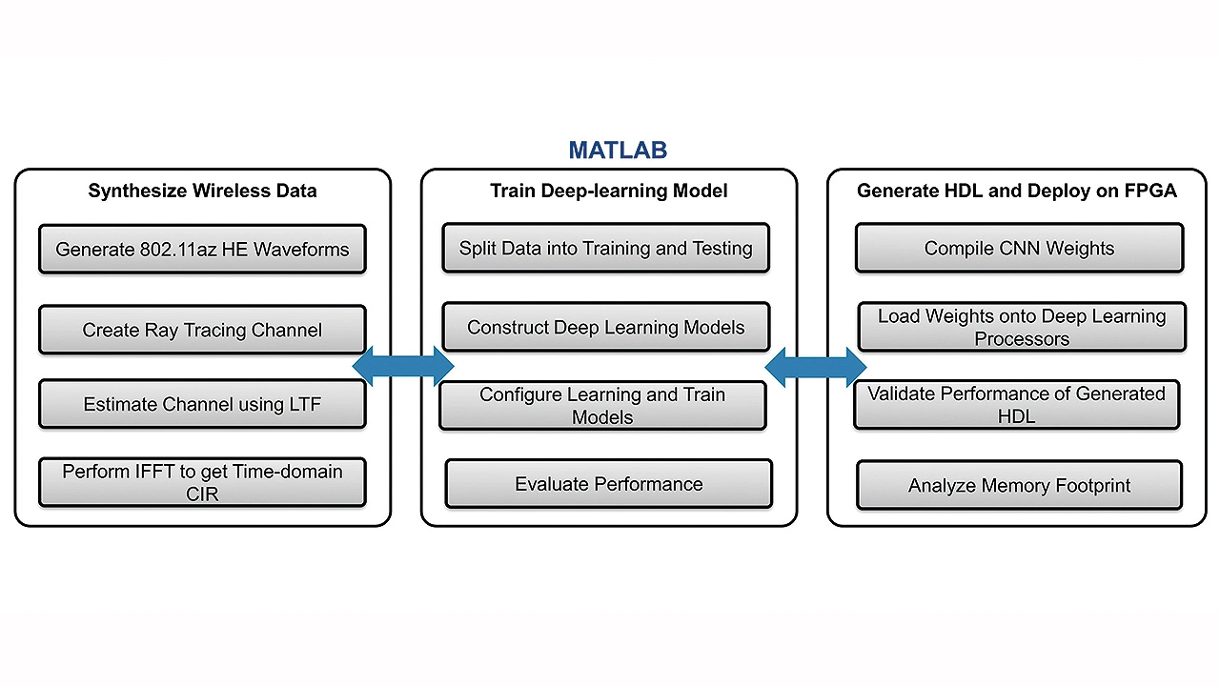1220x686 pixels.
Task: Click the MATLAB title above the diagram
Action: click(x=618, y=151)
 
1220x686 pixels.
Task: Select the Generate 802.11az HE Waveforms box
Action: click(x=203, y=249)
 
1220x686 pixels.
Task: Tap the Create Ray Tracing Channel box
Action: click(x=203, y=330)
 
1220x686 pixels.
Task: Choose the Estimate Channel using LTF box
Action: click(x=203, y=404)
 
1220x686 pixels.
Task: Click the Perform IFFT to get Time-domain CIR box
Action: click(x=203, y=482)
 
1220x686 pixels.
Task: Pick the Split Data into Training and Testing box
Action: click(x=605, y=248)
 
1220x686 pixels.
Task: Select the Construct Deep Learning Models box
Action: click(x=605, y=327)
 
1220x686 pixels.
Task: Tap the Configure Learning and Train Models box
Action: click(x=602, y=406)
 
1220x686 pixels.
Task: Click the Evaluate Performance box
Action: click(x=609, y=484)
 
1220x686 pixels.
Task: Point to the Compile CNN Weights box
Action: click(x=1020, y=248)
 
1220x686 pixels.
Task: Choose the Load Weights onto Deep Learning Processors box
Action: click(x=1022, y=327)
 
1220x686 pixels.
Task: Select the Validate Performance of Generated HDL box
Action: click(x=1016, y=405)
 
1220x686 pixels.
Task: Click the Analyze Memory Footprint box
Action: click(x=1020, y=485)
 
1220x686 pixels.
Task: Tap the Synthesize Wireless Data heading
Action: click(x=203, y=191)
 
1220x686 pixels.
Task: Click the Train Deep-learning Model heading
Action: click(x=609, y=191)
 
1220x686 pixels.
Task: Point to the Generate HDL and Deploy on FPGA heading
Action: click(x=1017, y=191)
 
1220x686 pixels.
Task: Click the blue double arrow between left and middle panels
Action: click(x=403, y=367)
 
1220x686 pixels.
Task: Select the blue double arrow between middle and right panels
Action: click(x=815, y=368)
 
